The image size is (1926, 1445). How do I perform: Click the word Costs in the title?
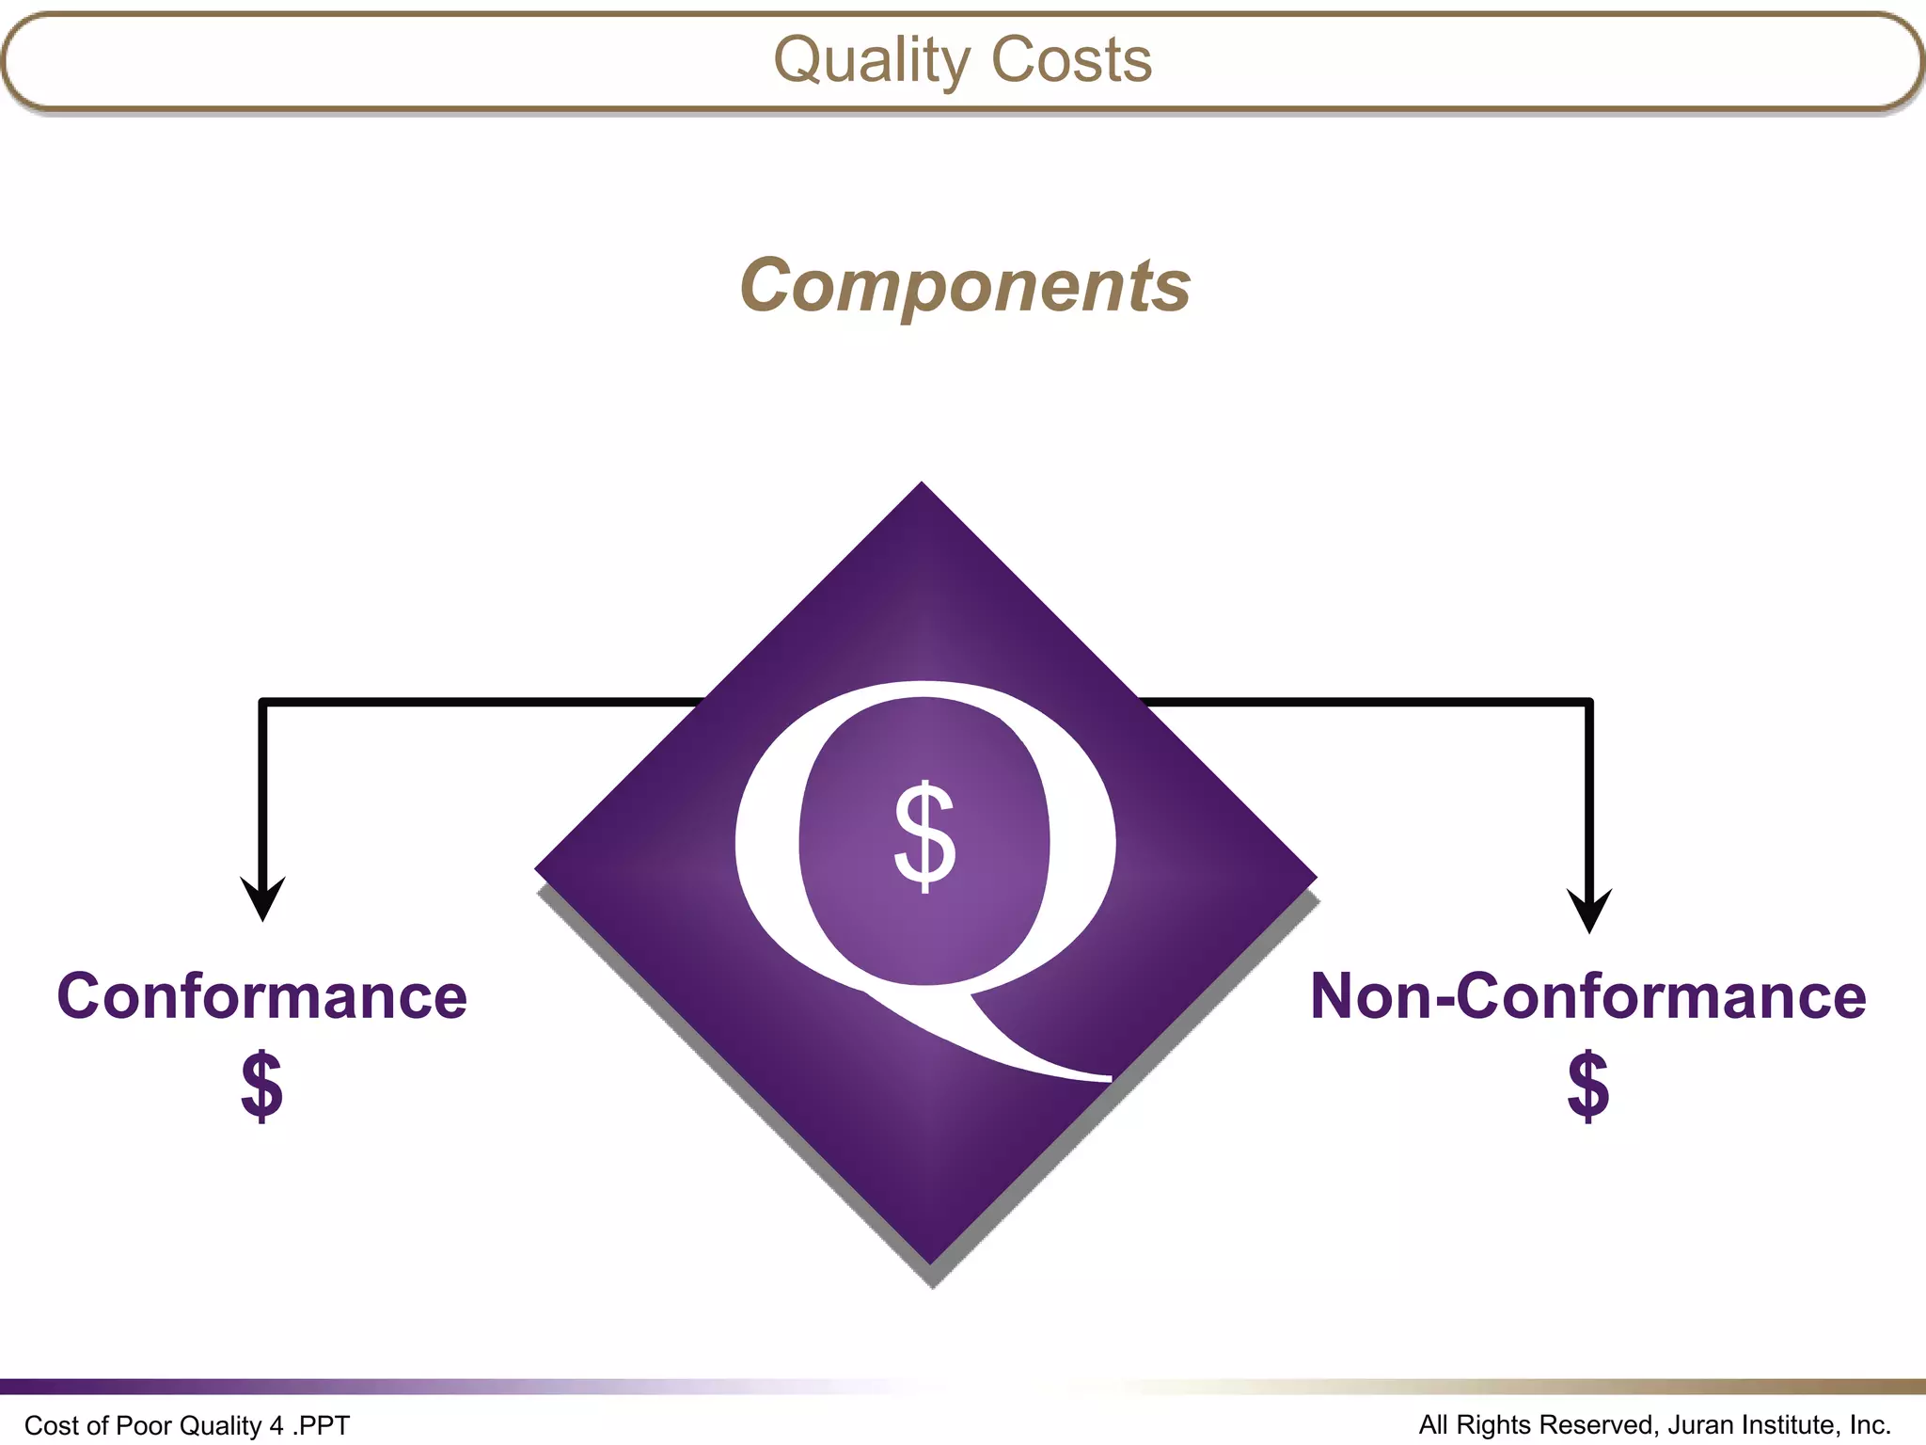[1071, 60]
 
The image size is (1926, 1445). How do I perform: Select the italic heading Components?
[965, 285]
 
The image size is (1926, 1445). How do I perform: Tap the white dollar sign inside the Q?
[924, 836]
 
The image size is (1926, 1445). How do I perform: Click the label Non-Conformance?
[1587, 996]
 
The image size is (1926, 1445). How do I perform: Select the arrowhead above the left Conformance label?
[262, 897]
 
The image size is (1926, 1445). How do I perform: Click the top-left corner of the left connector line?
[262, 702]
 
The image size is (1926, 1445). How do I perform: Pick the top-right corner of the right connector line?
[1589, 702]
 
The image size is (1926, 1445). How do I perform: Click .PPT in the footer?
[321, 1426]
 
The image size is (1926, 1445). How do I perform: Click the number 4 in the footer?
[276, 1426]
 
